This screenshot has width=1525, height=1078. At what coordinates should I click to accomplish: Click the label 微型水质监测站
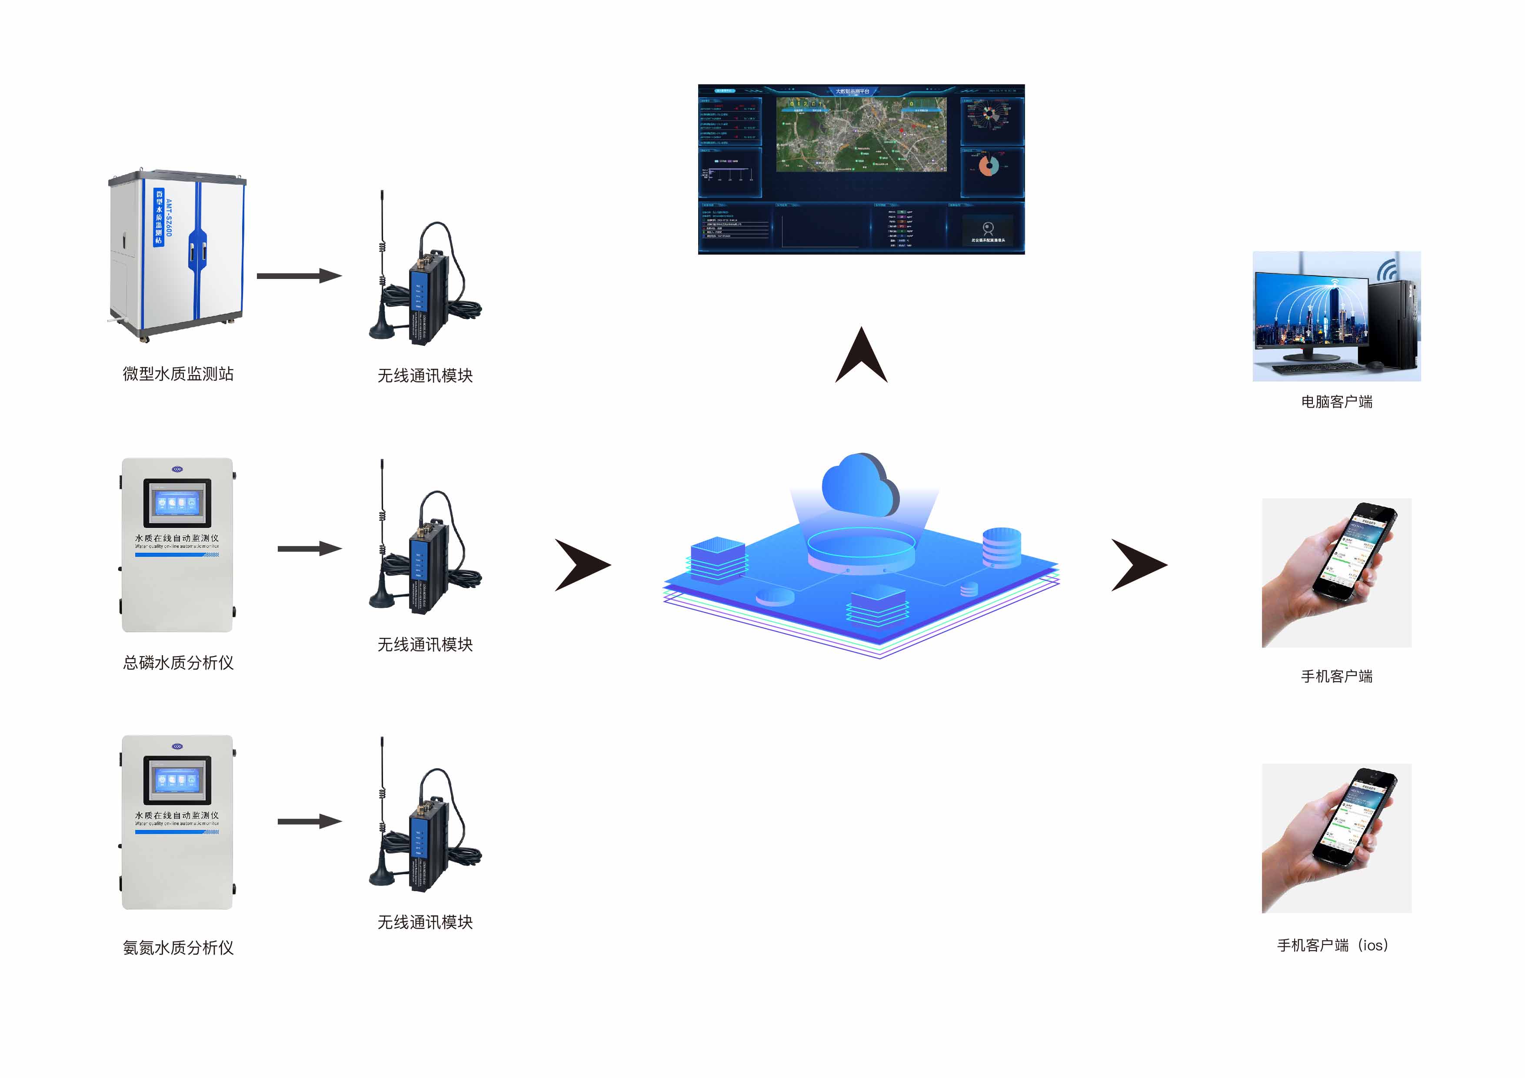coord(178,374)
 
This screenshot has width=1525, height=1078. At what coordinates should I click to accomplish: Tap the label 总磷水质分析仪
coord(178,663)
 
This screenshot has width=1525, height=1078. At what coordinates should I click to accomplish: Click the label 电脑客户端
coord(1336,401)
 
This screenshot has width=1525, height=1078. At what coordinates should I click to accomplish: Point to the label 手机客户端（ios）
coord(1332,945)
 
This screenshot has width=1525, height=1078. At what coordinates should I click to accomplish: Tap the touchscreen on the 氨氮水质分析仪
coord(176,780)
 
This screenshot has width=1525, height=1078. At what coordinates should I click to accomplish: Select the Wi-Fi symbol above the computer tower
coord(1387,269)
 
